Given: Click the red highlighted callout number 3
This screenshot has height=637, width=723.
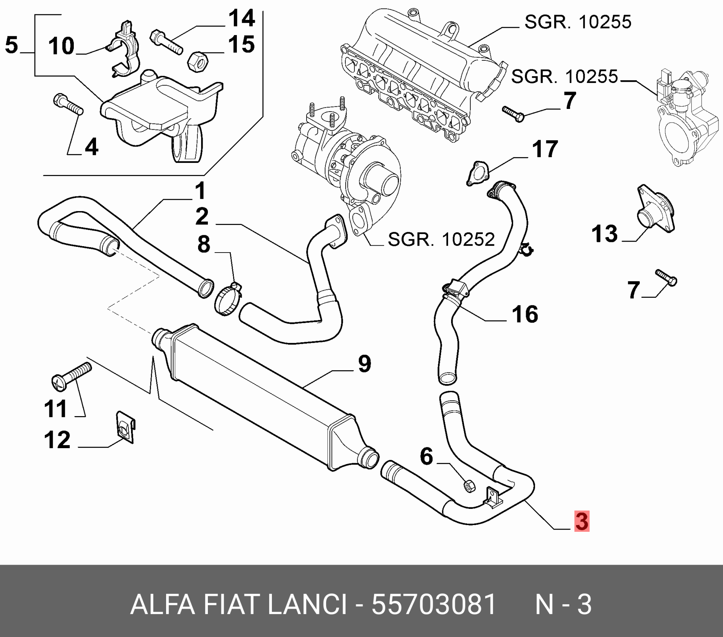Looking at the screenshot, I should click(581, 522).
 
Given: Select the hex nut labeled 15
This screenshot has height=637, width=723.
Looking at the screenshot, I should click(196, 61).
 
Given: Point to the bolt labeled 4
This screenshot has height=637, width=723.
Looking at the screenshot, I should click(68, 105).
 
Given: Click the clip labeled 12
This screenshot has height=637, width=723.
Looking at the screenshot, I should click(125, 426).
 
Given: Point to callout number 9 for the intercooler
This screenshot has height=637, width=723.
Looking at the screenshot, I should click(364, 364).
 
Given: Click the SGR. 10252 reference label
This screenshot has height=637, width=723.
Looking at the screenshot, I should click(441, 239).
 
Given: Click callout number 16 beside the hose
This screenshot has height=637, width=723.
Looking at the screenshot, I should click(525, 314).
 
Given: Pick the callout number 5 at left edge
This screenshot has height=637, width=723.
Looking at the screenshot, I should click(11, 45).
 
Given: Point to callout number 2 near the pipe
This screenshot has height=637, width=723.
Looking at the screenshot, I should click(202, 217).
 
